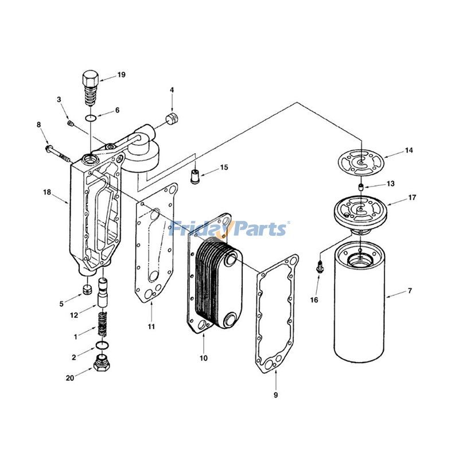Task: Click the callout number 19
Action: pyautogui.click(x=121, y=75)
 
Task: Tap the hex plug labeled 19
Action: pyautogui.click(x=91, y=86)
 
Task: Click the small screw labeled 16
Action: pyautogui.click(x=320, y=266)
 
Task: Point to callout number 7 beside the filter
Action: pyautogui.click(x=410, y=291)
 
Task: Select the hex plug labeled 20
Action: pyautogui.click(x=102, y=363)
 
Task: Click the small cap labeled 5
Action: pyautogui.click(x=87, y=288)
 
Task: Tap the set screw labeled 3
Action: pyautogui.click(x=70, y=123)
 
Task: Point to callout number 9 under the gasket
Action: pyautogui.click(x=275, y=395)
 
